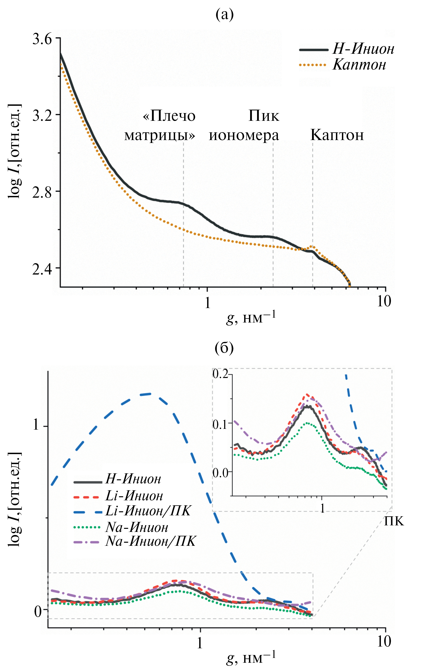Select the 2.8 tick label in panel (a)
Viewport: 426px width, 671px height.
[42, 192]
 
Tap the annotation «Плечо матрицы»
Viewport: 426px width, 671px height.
[160, 125]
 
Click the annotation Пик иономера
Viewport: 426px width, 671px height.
[244, 125]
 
